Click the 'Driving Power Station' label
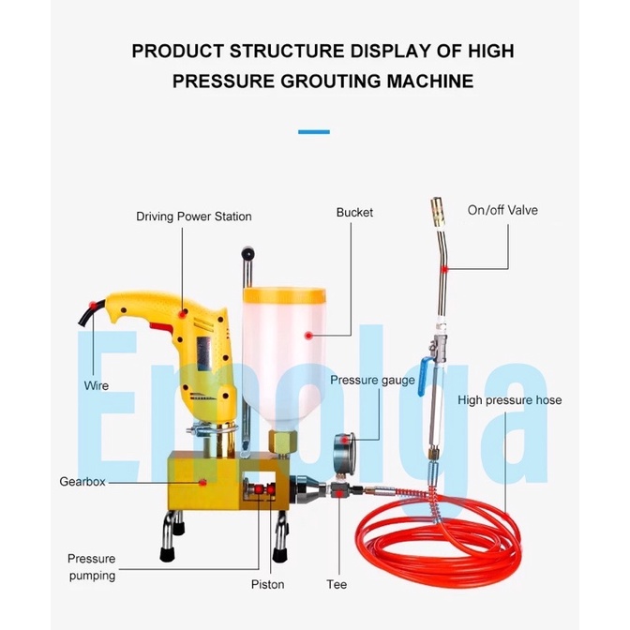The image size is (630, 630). tap(194, 217)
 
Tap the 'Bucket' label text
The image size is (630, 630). tap(354, 213)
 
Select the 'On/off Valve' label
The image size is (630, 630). tap(502, 210)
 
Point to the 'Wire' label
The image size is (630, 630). tap(97, 385)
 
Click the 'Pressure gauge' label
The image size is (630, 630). tap(373, 381)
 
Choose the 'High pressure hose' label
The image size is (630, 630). tap(510, 400)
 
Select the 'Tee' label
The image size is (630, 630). tap(337, 584)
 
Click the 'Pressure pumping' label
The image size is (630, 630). tap(92, 566)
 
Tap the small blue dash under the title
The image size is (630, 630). tap(314, 132)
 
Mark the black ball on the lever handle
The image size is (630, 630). tap(247, 254)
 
